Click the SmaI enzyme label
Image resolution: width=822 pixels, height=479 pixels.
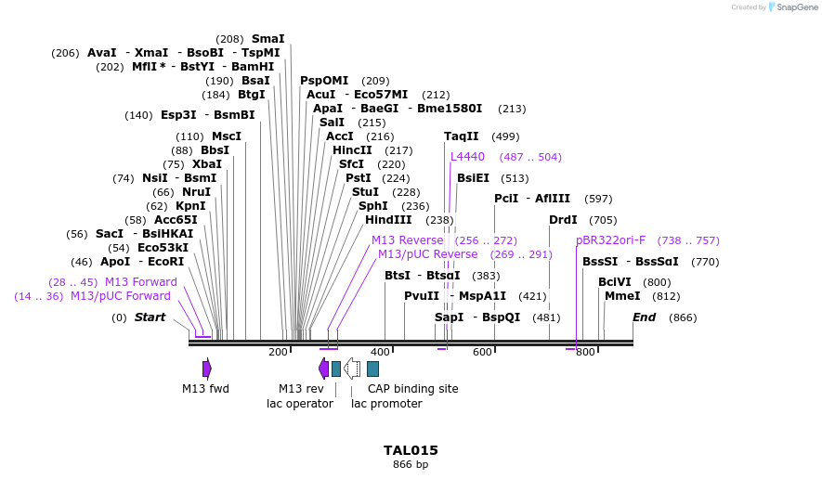click(267, 39)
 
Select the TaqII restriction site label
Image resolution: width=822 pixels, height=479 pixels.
click(462, 136)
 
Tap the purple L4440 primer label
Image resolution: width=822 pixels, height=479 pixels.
click(467, 157)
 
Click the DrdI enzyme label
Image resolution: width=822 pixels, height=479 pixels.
click(563, 220)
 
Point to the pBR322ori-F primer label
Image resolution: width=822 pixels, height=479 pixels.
click(610, 240)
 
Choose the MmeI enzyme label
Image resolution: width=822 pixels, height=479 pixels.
click(622, 296)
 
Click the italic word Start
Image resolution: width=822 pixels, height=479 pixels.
click(150, 317)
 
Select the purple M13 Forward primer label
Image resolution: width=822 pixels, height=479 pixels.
click(140, 282)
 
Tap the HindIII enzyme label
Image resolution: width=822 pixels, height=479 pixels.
click(388, 220)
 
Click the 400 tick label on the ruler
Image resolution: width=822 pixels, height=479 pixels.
click(380, 352)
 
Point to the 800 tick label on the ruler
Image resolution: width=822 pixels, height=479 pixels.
click(585, 352)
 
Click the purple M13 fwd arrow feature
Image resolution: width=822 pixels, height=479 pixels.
click(207, 369)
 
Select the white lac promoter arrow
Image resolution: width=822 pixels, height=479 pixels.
click(352, 369)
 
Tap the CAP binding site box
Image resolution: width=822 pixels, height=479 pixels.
click(372, 369)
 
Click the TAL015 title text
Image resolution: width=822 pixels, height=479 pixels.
click(411, 450)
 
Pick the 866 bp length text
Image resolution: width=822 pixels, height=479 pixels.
click(411, 464)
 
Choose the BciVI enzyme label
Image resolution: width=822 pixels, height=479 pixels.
click(614, 282)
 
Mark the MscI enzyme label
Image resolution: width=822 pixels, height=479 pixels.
click(227, 136)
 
